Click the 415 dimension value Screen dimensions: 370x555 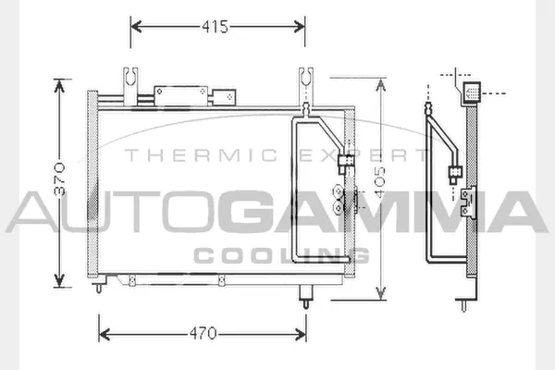216,27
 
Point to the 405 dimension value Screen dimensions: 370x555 382,189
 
